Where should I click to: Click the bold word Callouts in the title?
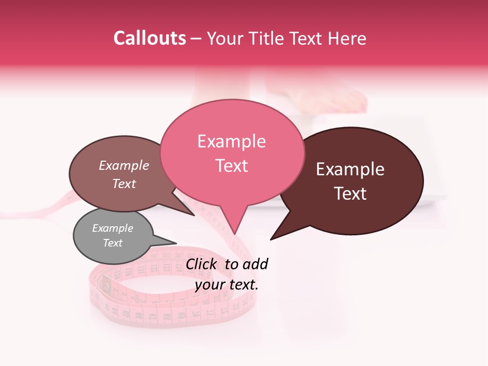[x=149, y=38]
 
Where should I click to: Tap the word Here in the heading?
[x=347, y=38]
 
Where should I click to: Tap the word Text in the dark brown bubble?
[x=350, y=194]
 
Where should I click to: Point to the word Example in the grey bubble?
[x=112, y=228]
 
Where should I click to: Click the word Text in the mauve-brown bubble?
[x=124, y=184]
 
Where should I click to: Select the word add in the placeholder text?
[x=255, y=264]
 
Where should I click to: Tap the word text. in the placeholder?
[x=242, y=284]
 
